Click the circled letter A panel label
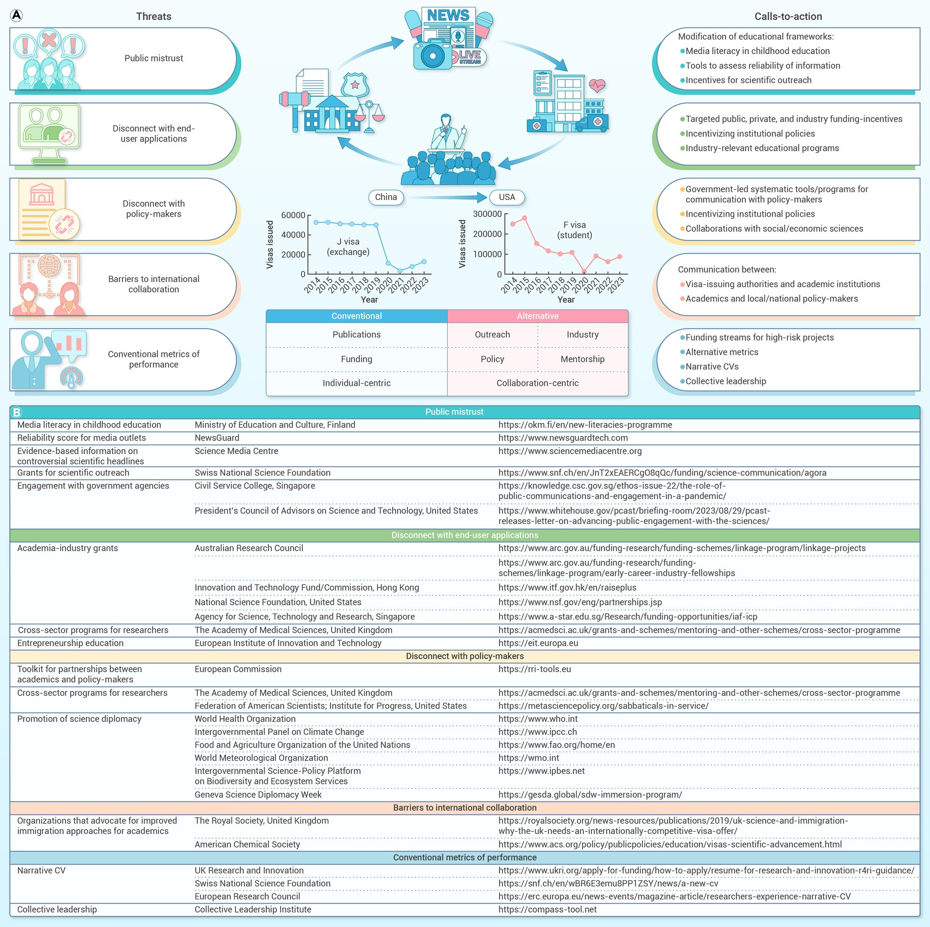tap(16, 16)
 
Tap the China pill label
tap(386, 197)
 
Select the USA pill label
tap(507, 197)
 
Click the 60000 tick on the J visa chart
tap(293, 215)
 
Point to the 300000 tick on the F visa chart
tap(487, 214)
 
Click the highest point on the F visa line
tap(524, 218)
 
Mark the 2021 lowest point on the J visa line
tap(400, 271)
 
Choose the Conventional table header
tap(356, 316)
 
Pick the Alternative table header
tap(538, 316)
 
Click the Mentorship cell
tap(582, 359)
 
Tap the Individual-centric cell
tap(356, 383)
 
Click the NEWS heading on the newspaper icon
tap(448, 15)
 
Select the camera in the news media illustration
tap(432, 55)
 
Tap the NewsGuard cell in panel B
tap(217, 438)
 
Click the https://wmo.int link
tap(529, 758)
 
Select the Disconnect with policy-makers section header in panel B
tap(464, 656)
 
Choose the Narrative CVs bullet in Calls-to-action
tap(712, 366)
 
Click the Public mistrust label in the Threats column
tap(154, 58)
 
